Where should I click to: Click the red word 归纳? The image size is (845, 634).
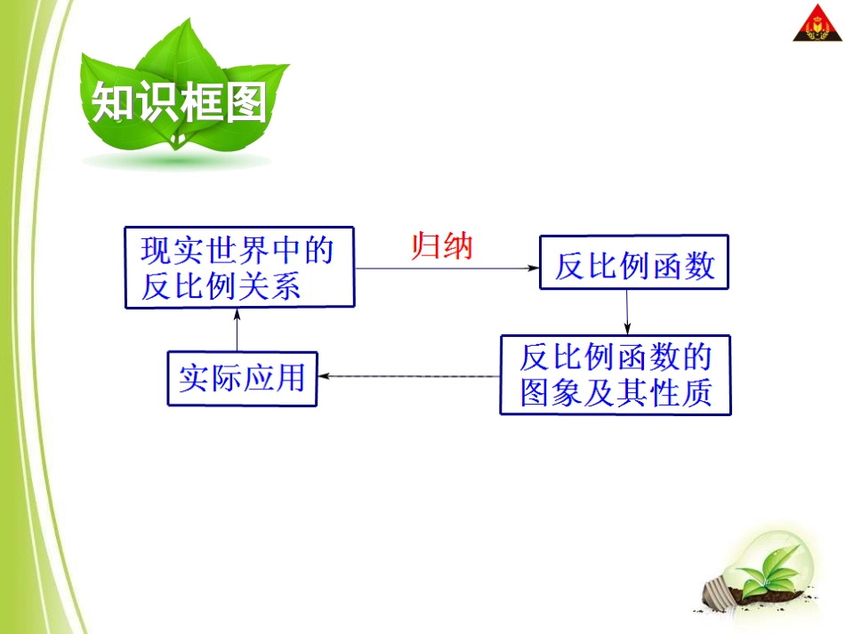pyautogui.click(x=441, y=246)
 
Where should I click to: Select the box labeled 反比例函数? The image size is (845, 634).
pyautogui.click(x=633, y=262)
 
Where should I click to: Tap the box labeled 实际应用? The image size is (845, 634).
pyautogui.click(x=242, y=378)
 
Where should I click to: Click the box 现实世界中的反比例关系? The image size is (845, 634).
pyautogui.click(x=238, y=268)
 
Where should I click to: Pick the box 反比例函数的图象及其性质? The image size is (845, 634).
pyautogui.click(x=615, y=374)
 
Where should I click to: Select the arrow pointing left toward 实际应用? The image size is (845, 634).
pyautogui.click(x=409, y=376)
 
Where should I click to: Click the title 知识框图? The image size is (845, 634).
pyautogui.click(x=179, y=104)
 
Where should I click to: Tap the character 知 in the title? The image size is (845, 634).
pyautogui.click(x=113, y=104)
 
